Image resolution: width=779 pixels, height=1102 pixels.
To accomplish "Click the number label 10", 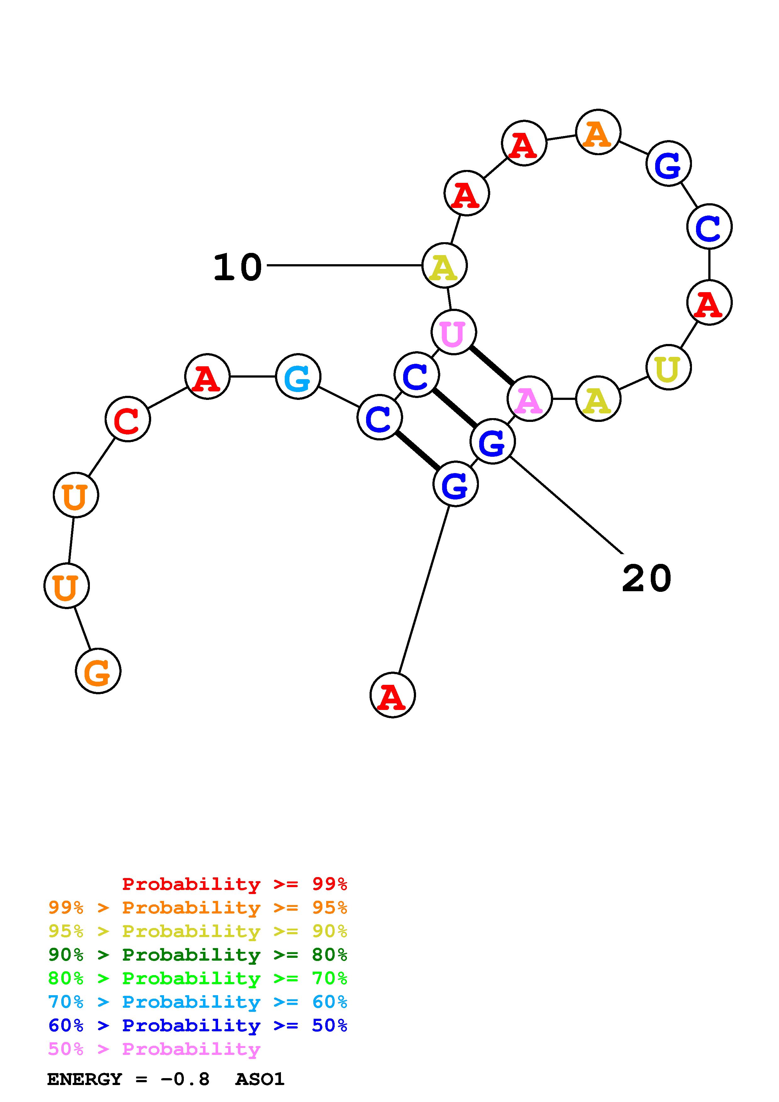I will pyautogui.click(x=238, y=267).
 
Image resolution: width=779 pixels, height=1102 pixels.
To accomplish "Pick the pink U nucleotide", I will pyautogui.click(x=453, y=332).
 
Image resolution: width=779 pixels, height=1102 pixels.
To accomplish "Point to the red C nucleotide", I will pyautogui.click(x=128, y=419).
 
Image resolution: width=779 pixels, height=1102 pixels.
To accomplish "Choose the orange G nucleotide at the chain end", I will pyautogui.click(x=98, y=671).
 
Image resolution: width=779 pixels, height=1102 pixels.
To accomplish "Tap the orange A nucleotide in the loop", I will pyautogui.click(x=598, y=132).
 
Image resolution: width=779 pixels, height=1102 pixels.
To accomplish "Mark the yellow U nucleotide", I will pyautogui.click(x=668, y=368).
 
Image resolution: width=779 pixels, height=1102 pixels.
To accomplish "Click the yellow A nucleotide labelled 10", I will pyautogui.click(x=444, y=265).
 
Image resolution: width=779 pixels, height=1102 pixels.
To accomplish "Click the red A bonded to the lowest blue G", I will pyautogui.click(x=392, y=695).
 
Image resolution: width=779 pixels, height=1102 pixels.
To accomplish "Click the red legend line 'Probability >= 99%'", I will pyautogui.click(x=234, y=884).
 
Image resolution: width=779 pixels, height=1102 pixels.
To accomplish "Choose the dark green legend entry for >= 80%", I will pyautogui.click(x=198, y=955).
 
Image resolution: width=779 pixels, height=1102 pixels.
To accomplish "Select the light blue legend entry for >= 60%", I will pyautogui.click(x=198, y=1002).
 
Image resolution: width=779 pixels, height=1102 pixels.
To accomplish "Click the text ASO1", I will pyautogui.click(x=260, y=1079).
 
